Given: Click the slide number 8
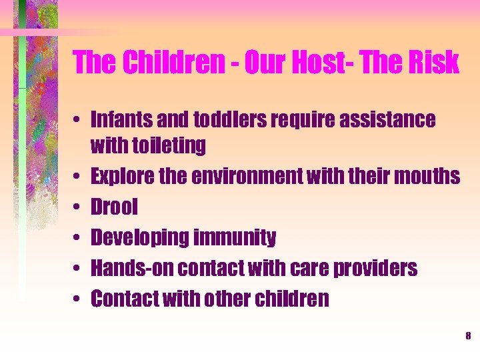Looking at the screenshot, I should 468,336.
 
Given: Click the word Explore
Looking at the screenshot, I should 122,176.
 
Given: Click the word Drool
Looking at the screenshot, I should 114,207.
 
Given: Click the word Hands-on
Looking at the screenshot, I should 131,268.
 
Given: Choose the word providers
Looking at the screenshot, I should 377,268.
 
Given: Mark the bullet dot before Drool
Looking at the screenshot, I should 79,207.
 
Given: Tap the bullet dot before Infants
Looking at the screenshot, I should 79,121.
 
